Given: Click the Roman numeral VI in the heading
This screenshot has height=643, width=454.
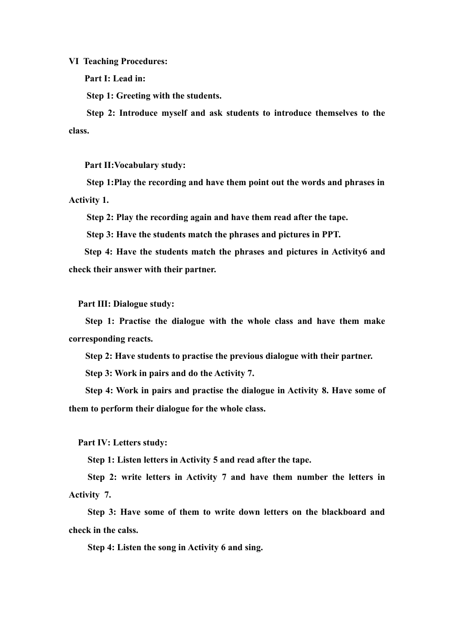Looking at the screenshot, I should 74,61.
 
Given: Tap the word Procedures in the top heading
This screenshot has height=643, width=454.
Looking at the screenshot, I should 144,61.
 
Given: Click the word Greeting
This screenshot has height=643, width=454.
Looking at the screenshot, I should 133,96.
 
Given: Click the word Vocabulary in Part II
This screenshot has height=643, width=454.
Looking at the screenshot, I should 137,165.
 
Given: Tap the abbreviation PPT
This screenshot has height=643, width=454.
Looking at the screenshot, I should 331,234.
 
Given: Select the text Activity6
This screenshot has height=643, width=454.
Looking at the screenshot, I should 345,252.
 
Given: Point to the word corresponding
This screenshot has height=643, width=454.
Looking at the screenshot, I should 97,339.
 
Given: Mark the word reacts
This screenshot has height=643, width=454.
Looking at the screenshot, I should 140,339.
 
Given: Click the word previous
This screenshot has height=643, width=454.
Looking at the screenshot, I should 248,356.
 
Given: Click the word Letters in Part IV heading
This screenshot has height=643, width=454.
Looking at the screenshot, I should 128,443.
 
